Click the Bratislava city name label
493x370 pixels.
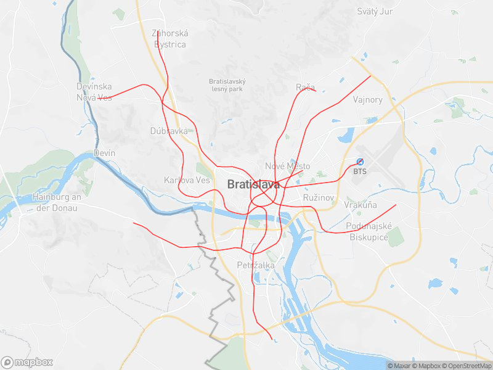click(x=253, y=184)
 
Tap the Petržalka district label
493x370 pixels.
click(x=256, y=265)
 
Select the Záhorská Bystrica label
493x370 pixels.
click(x=170, y=39)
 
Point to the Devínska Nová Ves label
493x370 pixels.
click(x=94, y=92)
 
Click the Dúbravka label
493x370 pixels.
click(x=169, y=131)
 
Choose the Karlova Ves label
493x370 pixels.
click(x=187, y=180)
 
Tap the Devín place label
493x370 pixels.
click(x=104, y=152)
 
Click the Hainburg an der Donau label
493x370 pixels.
click(x=57, y=202)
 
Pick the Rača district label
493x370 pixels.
click(x=305, y=87)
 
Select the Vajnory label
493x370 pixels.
click(x=368, y=99)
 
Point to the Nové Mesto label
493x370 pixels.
click(x=287, y=166)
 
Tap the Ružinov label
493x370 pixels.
click(x=319, y=197)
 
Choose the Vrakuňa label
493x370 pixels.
click(x=361, y=205)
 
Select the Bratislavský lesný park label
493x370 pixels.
click(x=227, y=85)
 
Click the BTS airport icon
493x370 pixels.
click(x=361, y=162)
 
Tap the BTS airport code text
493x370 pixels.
click(x=360, y=171)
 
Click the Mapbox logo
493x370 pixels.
click(x=27, y=362)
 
